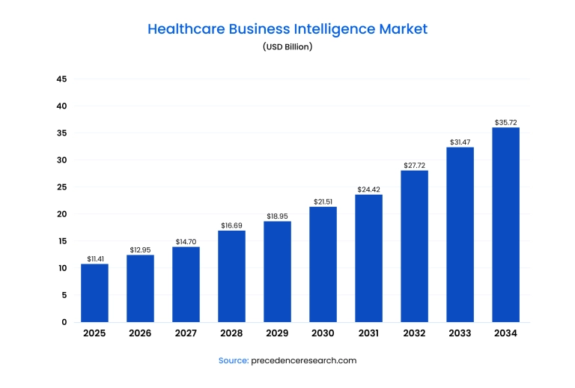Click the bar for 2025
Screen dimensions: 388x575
94,293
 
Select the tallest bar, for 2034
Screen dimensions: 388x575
505,225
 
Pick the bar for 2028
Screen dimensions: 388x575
231,276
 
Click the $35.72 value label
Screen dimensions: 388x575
505,122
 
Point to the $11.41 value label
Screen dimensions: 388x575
94,258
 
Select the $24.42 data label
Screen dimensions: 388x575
368,189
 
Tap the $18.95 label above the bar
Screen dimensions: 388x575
277,216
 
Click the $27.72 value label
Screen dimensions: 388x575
414,165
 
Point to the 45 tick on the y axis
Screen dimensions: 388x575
62,79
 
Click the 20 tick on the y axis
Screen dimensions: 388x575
62,214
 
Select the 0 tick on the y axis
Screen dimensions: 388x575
64,322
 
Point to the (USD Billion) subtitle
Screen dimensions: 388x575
287,46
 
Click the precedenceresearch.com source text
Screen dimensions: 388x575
304,360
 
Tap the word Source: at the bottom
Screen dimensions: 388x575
233,360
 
